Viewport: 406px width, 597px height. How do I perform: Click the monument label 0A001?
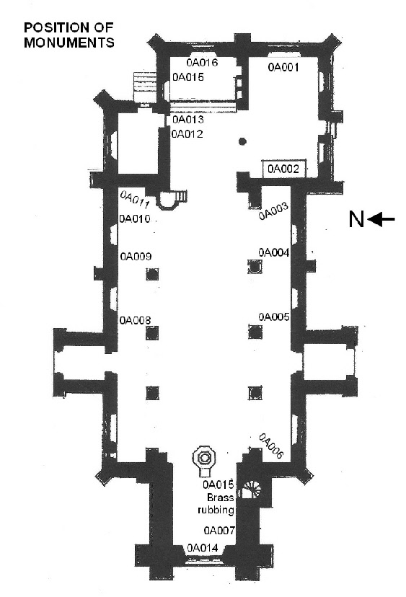point(283,67)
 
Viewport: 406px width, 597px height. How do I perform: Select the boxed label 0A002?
point(283,169)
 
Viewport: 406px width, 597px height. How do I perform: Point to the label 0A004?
point(274,252)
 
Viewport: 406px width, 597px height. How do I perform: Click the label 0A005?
point(274,317)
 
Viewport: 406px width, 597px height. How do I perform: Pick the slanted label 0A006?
point(271,446)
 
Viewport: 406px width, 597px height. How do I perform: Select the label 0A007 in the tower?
point(219,531)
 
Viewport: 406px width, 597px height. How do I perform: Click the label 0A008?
point(135,320)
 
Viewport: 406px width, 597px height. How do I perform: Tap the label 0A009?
point(136,256)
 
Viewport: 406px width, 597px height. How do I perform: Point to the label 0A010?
point(135,219)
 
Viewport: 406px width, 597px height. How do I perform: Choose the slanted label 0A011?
point(134,200)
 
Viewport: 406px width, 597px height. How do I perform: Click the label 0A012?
point(187,134)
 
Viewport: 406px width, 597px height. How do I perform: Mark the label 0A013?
point(188,120)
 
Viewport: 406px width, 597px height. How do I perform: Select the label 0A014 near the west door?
point(203,548)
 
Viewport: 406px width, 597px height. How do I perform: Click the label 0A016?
point(202,63)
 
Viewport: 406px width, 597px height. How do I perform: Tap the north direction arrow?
point(382,219)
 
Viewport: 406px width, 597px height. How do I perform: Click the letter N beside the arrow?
point(356,219)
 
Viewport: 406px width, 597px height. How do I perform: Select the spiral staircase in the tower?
point(252,490)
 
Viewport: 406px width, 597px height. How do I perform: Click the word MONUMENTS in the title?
point(69,43)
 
